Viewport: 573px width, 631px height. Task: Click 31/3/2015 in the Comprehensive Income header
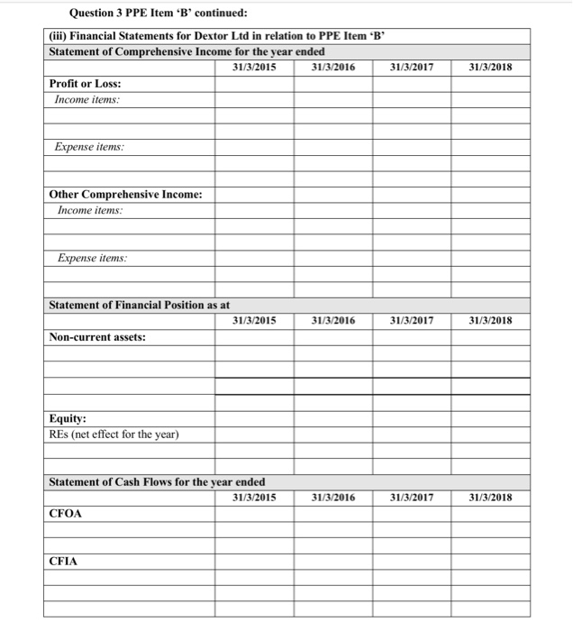[254, 67]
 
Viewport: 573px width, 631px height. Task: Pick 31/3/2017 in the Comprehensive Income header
[412, 67]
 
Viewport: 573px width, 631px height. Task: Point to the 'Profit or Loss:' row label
[85, 83]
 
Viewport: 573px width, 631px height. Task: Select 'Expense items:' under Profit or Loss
[89, 146]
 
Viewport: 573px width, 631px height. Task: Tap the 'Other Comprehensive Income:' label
[125, 194]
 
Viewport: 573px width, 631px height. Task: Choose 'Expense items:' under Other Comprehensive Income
[92, 258]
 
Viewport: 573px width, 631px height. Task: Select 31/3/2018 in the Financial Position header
[490, 320]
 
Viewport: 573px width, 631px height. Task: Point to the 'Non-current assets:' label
[97, 337]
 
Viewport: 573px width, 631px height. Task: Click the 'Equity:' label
[68, 419]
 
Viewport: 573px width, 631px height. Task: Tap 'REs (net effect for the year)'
[114, 434]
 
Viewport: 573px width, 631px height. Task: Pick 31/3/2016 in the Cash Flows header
[332, 497]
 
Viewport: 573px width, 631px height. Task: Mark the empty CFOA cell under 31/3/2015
[254, 514]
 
